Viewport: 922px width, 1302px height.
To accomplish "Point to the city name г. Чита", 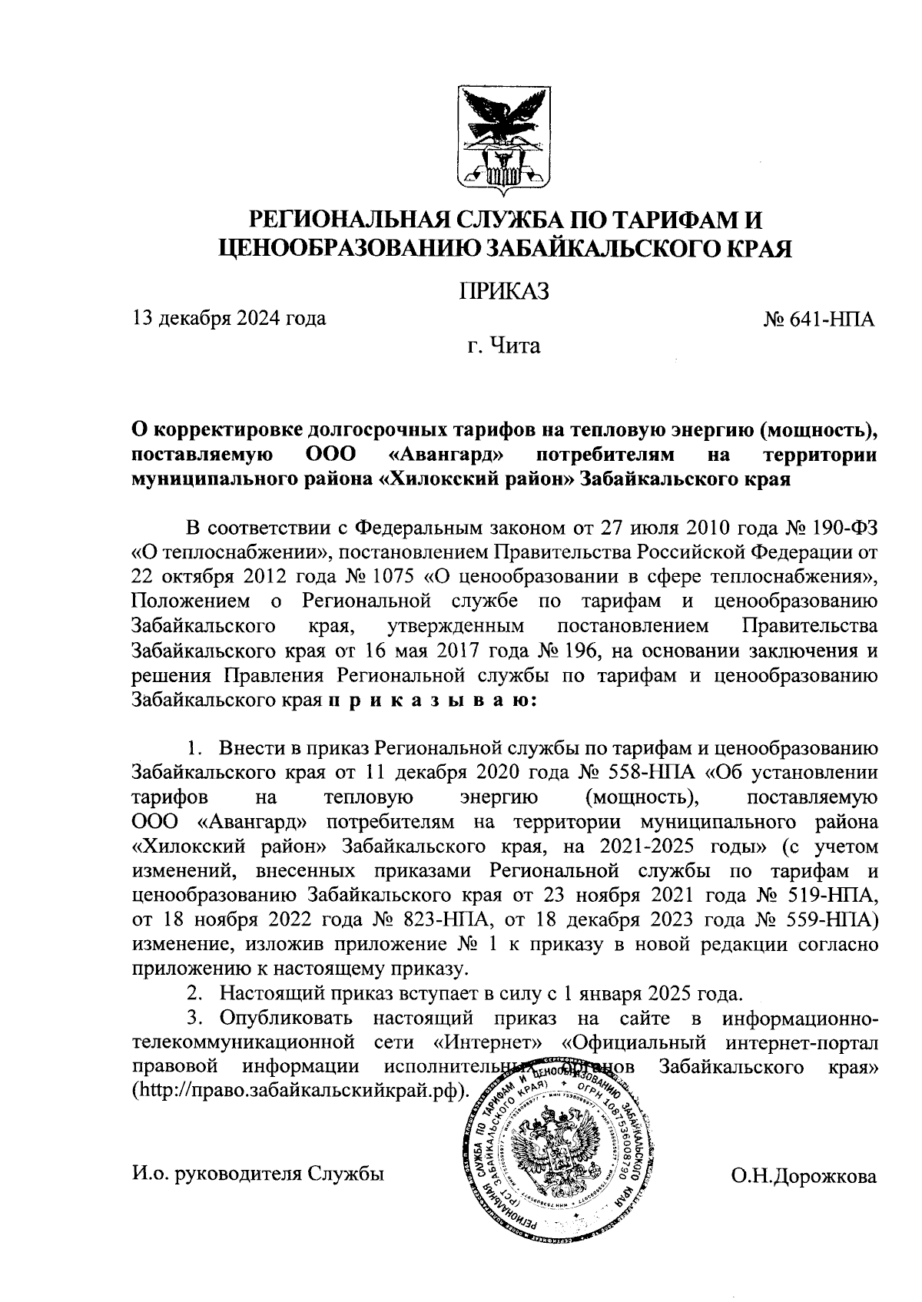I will click(504, 346).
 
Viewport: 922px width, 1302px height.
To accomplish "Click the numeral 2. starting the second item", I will click(195, 993).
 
